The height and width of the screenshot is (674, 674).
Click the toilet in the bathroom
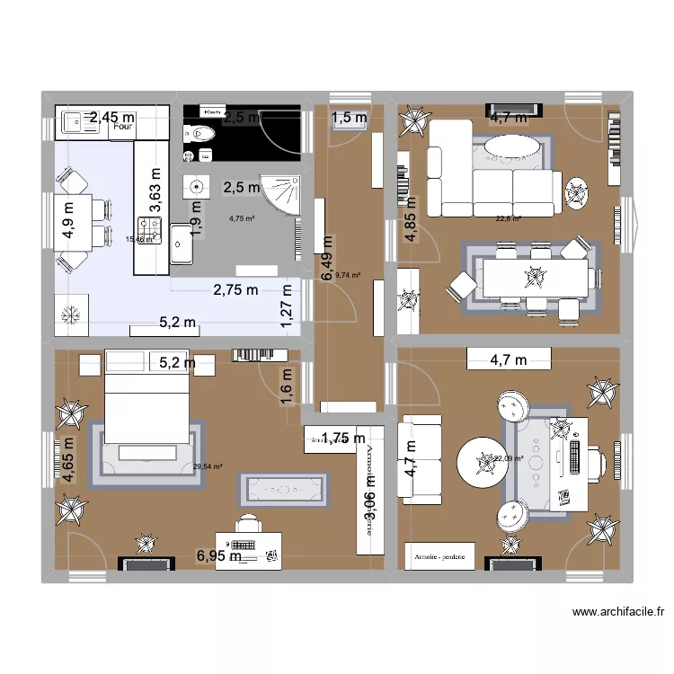(202, 135)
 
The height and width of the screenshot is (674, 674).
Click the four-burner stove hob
(149, 230)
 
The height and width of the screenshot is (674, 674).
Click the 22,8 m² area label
(509, 217)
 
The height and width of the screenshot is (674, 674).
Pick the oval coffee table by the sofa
(513, 147)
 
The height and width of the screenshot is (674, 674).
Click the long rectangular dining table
(534, 276)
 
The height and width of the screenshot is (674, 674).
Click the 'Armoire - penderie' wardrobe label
(439, 557)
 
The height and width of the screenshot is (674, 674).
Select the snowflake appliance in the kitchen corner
(69, 315)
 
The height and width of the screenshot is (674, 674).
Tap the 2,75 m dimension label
(235, 290)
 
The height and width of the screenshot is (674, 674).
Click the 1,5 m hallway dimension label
(350, 118)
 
